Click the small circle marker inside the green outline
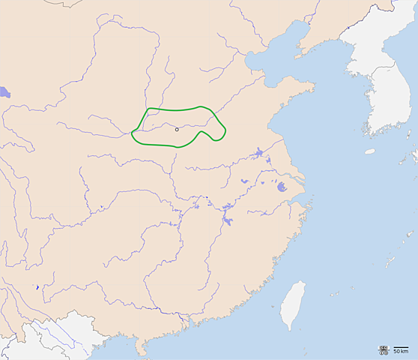pos(177,129)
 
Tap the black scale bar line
pos(401,347)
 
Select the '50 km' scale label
pos(401,352)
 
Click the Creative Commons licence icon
pos(384,350)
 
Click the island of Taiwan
pos(293,304)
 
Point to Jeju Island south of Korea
pos(370,151)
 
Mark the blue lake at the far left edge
pos(4,93)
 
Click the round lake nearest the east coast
pos(282,187)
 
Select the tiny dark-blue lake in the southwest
pos(37,288)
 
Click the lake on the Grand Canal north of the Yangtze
pos(259,154)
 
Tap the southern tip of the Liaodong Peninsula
pos(297,55)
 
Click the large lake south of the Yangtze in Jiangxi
pos(226,221)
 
